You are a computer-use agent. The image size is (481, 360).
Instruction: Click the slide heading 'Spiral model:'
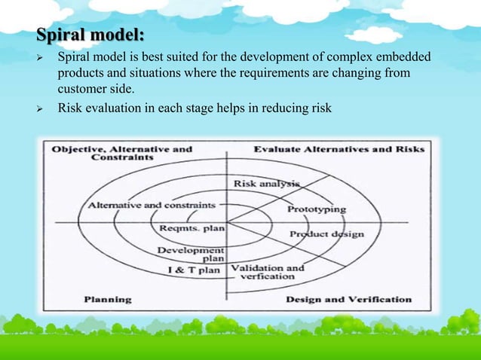(x=92, y=36)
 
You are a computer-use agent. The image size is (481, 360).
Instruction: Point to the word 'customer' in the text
(x=82, y=91)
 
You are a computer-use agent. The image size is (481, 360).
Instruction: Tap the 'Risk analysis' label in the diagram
(x=266, y=183)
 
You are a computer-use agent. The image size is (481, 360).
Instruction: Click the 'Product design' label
(x=327, y=234)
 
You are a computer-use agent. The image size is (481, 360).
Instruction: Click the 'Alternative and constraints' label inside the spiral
(x=152, y=205)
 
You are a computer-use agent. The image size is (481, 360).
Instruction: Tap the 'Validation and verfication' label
(x=267, y=272)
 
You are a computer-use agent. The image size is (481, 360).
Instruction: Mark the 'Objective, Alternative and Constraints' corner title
(x=121, y=154)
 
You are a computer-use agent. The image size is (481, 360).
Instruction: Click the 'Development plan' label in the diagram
(x=190, y=253)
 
